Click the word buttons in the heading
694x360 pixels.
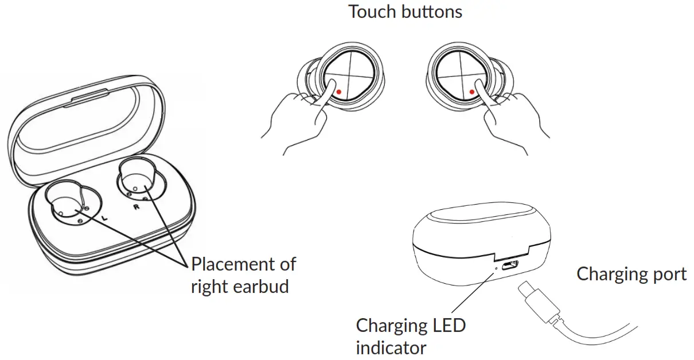(x=431, y=11)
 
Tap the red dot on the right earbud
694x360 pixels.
(x=471, y=91)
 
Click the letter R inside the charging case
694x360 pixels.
(x=137, y=207)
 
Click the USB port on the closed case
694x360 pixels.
(x=510, y=265)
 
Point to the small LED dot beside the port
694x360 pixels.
(x=497, y=267)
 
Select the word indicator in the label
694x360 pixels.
(x=391, y=347)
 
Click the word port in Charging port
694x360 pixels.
(x=667, y=274)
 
